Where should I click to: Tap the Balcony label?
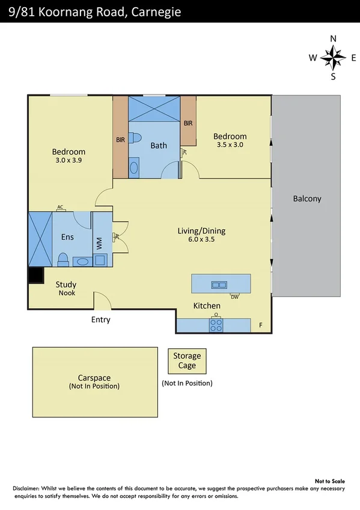pyautogui.click(x=307, y=198)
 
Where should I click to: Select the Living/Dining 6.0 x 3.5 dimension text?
pyautogui.click(x=201, y=239)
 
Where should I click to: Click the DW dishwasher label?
pyautogui.click(x=235, y=296)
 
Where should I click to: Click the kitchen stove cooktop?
pyautogui.click(x=216, y=325)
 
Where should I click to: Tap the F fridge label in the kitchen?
pyautogui.click(x=261, y=325)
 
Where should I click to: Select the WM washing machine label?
pyautogui.click(x=99, y=244)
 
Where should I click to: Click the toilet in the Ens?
pyautogui.click(x=63, y=259)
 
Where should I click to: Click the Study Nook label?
pyautogui.click(x=66, y=289)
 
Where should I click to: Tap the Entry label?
pyautogui.click(x=100, y=319)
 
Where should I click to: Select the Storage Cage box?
pyautogui.click(x=187, y=361)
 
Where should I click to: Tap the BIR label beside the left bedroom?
pyautogui.click(x=120, y=140)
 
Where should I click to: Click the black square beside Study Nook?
pyautogui.click(x=36, y=275)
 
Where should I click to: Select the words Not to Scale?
pyautogui.click(x=331, y=481)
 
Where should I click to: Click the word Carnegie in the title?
pyautogui.click(x=154, y=11)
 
